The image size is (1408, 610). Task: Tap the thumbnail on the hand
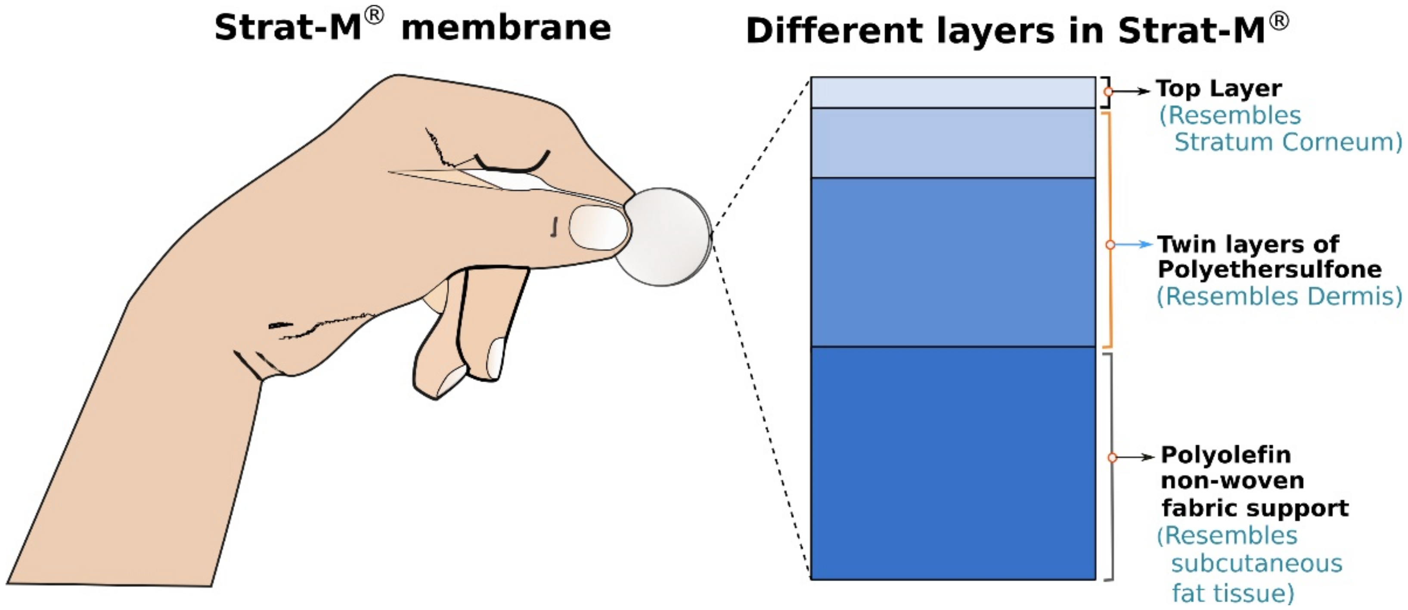click(x=599, y=227)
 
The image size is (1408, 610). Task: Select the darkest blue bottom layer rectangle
click(x=953, y=462)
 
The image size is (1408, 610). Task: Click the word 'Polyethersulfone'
click(x=1269, y=269)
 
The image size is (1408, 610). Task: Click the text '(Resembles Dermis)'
click(x=1279, y=296)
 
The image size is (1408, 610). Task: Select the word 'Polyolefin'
click(x=1225, y=454)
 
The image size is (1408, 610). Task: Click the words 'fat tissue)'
click(x=1233, y=592)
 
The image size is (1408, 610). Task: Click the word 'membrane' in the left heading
click(x=506, y=28)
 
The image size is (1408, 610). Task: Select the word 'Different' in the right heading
click(x=834, y=31)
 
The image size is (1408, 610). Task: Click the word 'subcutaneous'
click(x=1256, y=563)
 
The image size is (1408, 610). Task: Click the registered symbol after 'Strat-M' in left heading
click(x=375, y=16)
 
